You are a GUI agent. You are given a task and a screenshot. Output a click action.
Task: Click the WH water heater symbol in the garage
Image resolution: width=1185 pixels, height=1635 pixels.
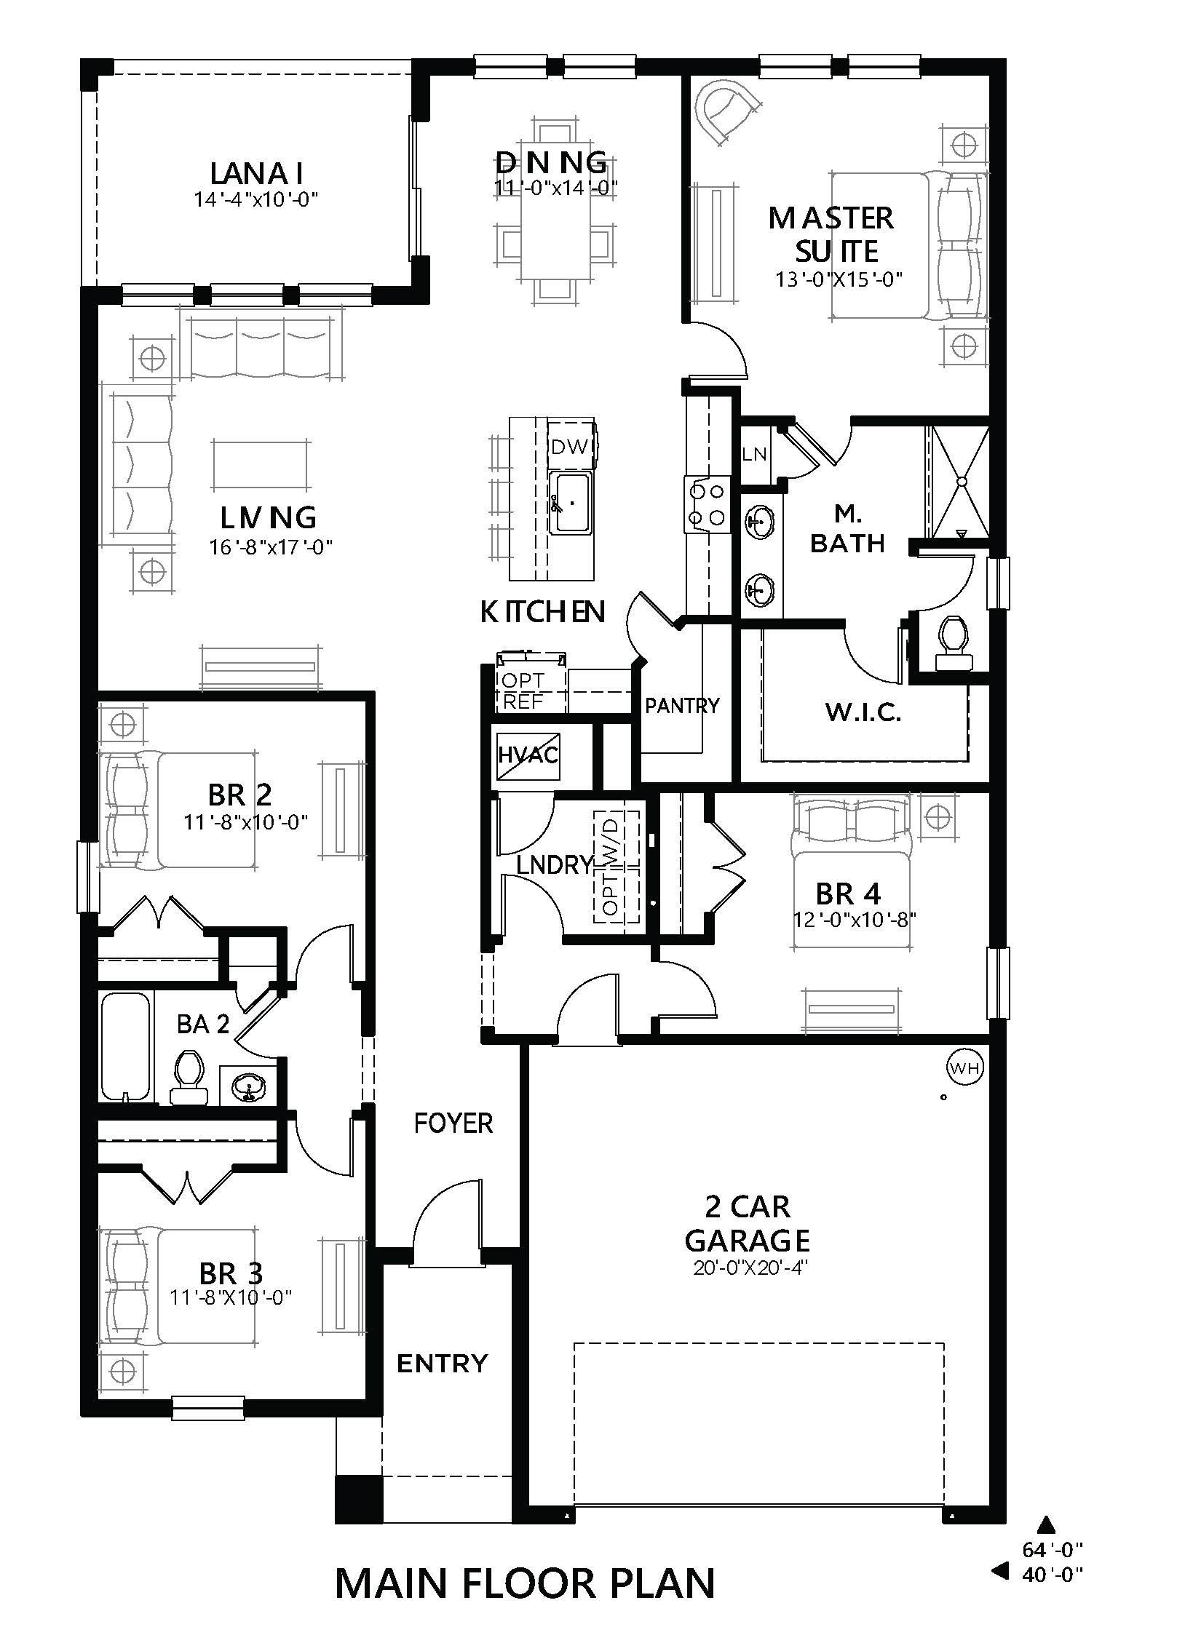coord(964,1067)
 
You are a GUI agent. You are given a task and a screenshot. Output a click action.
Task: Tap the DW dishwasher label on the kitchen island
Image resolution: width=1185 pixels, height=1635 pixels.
coord(569,447)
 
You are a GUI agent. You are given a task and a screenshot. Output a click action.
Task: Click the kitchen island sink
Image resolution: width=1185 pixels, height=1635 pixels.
coord(571,502)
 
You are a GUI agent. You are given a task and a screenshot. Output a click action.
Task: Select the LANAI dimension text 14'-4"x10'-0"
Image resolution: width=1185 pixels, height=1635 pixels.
coord(256,199)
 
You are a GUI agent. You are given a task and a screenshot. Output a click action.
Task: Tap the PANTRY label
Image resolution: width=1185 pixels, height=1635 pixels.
coord(682,705)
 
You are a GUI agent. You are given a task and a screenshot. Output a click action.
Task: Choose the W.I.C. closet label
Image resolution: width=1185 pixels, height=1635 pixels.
coord(863,712)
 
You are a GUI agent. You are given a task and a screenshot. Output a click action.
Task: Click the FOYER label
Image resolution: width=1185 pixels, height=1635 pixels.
coord(453,1123)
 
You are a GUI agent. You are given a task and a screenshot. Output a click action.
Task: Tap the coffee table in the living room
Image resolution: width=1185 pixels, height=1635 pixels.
coord(261,464)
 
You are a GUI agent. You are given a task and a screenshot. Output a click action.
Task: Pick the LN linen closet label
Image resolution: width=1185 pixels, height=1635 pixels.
coord(754,454)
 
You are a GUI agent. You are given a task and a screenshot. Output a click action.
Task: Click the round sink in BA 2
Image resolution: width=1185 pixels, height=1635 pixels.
coord(250,1088)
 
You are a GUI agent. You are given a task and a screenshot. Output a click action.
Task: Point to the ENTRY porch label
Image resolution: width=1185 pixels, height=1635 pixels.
coord(441,1362)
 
